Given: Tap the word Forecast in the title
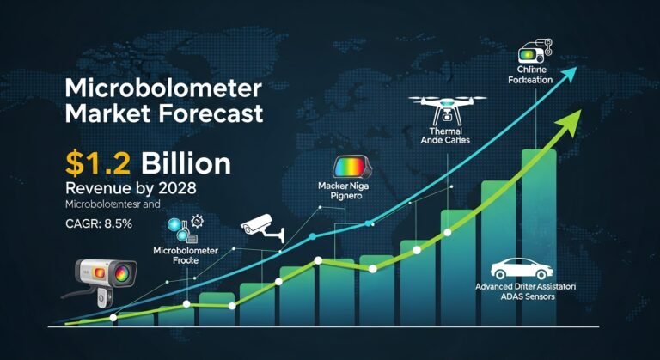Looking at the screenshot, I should pos(210,113).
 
